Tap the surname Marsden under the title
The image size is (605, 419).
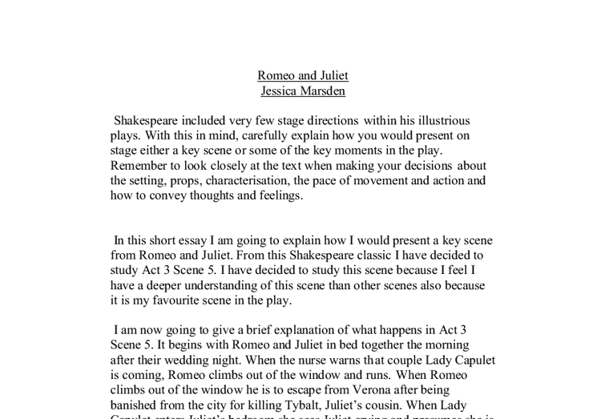click(324, 91)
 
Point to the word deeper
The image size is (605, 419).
click(163, 285)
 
